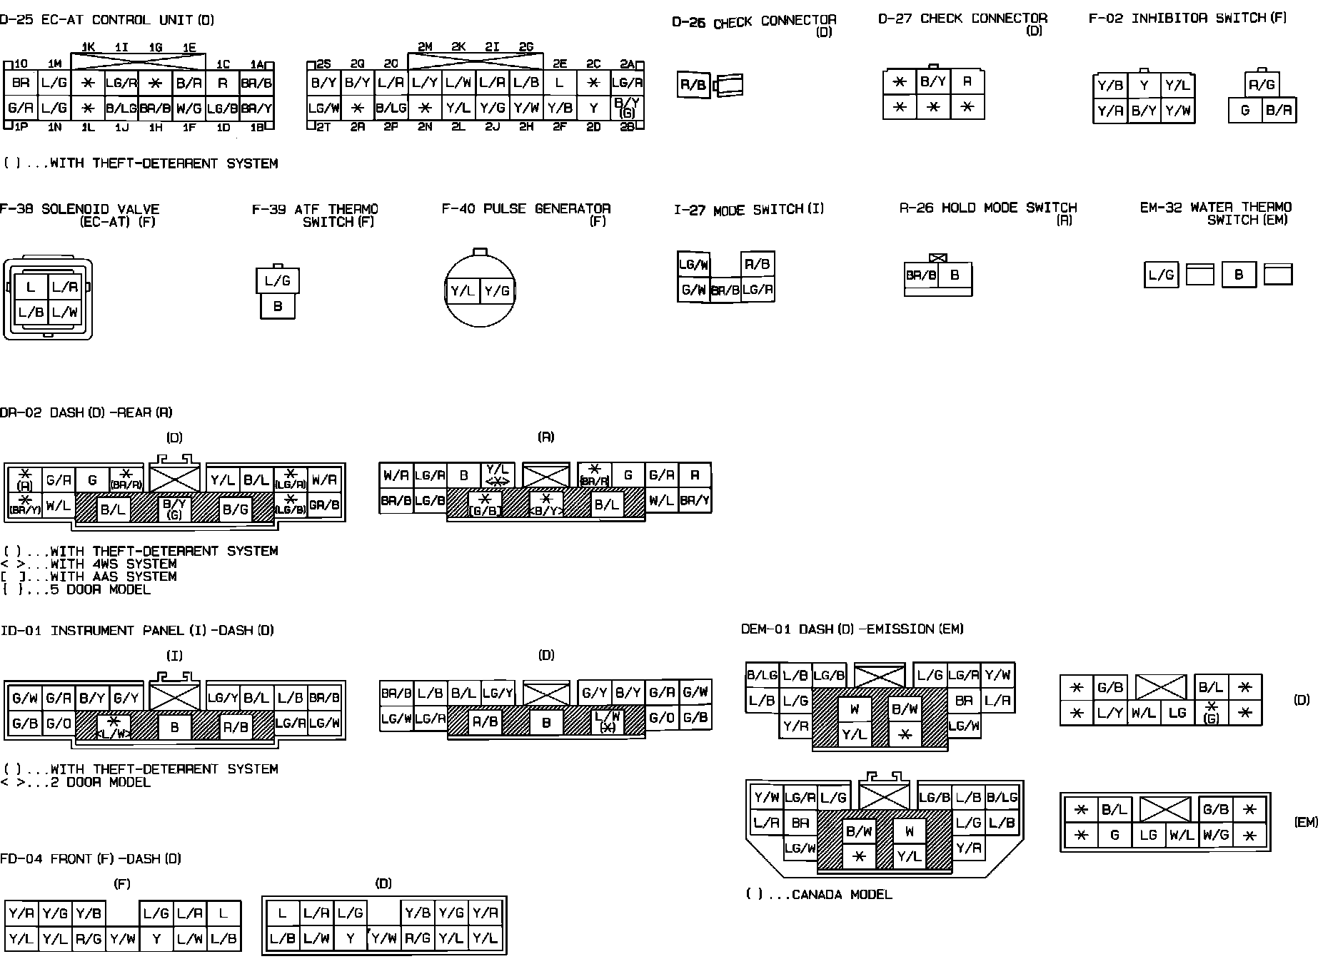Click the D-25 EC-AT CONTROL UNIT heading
[x=107, y=20]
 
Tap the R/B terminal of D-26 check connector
[x=693, y=86]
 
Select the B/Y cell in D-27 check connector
[x=933, y=81]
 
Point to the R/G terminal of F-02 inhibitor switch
[x=1262, y=86]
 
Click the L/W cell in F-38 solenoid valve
[x=64, y=312]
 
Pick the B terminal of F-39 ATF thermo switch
[x=278, y=306]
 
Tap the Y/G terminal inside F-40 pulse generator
[x=497, y=291]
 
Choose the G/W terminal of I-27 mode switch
[x=693, y=290]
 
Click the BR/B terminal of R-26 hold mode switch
[x=921, y=275]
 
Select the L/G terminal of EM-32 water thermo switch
[x=1161, y=275]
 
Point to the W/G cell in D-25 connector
[x=188, y=109]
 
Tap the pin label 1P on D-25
[x=21, y=127]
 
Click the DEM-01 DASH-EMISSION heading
[x=852, y=629]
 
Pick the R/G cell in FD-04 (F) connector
[x=89, y=939]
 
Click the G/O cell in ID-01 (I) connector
[x=58, y=724]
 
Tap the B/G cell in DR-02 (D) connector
[x=235, y=509]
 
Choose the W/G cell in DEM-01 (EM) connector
[x=1215, y=835]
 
